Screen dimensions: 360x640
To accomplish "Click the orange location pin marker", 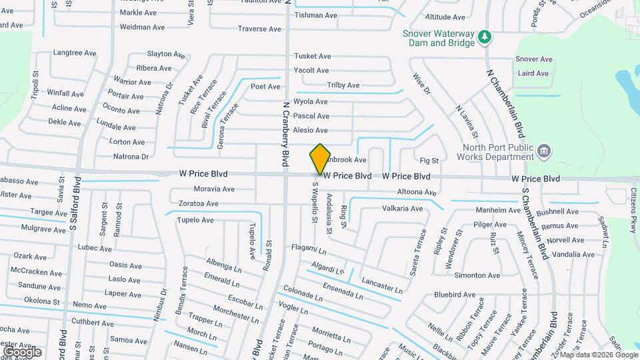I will click(320, 158).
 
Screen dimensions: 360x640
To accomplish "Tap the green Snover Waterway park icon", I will click(486, 36).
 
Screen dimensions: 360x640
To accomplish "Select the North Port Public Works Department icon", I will click(544, 151).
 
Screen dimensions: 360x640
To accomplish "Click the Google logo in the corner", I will click(21, 351).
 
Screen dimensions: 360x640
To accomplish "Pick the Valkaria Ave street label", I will click(402, 209).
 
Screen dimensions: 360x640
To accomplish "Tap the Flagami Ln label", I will click(309, 248).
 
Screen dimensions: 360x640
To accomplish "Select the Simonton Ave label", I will click(477, 275).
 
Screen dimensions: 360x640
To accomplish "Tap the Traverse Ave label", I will click(259, 29).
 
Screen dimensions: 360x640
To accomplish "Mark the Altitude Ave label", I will click(445, 17).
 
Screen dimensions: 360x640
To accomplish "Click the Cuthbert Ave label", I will click(92, 323).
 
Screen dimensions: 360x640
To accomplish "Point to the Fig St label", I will click(429, 161).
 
